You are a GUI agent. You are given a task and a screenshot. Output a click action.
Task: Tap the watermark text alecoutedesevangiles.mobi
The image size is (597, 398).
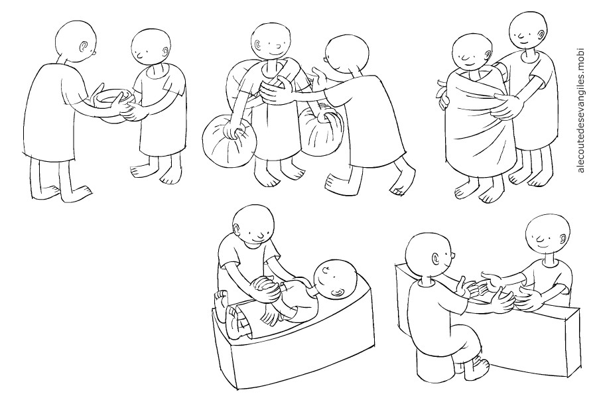(x=580, y=110)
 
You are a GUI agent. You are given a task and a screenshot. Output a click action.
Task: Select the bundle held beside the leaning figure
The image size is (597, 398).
(x=322, y=131)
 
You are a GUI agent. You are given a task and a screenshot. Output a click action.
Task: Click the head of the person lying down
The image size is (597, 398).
(x=335, y=280)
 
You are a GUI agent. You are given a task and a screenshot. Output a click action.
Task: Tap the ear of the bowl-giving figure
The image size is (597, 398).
(x=84, y=46)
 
